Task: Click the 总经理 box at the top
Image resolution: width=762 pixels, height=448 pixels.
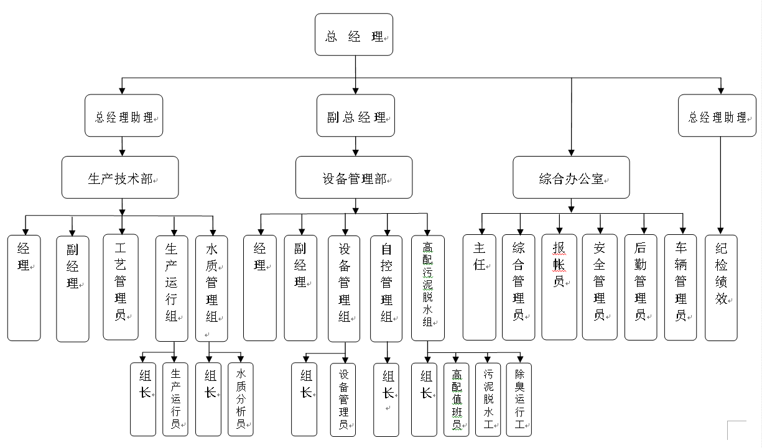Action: pos(354,35)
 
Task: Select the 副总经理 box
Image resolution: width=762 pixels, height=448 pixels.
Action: pos(355,116)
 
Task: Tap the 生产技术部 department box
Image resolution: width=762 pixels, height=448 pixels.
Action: pos(120,178)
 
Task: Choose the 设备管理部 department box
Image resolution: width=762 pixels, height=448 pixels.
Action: pos(353,178)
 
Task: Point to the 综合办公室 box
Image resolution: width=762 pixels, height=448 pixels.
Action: pos(571,178)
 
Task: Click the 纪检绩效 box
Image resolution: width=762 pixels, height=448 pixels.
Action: pos(721,287)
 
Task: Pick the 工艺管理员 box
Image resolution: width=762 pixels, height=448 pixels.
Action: pos(120,286)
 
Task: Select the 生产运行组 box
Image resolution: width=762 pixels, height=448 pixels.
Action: pos(172,288)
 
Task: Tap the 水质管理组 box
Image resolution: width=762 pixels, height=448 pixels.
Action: pos(211,288)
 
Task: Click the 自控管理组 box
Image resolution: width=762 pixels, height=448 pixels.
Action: pos(386,288)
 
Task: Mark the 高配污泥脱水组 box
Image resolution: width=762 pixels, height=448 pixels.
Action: pos(427,287)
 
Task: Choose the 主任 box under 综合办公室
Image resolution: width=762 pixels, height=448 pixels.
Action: pos(479,287)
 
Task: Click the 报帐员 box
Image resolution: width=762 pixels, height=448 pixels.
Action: pos(559,286)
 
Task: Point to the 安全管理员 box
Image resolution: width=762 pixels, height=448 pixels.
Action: pos(599,286)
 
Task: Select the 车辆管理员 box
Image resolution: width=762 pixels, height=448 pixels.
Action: pos(681,286)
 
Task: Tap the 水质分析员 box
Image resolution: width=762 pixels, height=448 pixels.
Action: pos(240,399)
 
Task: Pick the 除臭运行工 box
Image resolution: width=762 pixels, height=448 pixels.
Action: pos(519,399)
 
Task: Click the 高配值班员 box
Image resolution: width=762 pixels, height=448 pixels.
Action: pos(457,399)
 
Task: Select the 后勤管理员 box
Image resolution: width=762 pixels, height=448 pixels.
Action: pos(640,286)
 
